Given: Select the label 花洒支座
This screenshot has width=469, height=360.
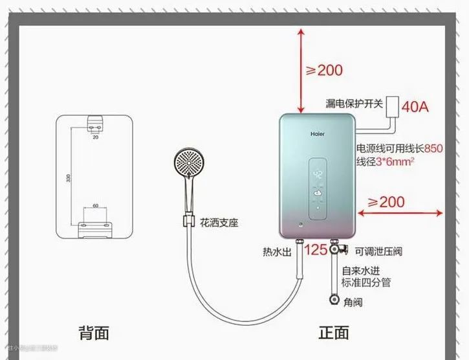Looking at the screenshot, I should tap(218, 223).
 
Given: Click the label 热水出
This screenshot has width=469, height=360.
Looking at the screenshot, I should tap(276, 251).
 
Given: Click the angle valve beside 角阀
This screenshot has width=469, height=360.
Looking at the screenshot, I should tap(333, 300).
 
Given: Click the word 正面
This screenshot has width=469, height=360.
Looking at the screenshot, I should tap(334, 333).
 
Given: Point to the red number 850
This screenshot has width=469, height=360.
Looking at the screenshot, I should tap(433, 148).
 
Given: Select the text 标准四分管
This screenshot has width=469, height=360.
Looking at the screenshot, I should tap(366, 283).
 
